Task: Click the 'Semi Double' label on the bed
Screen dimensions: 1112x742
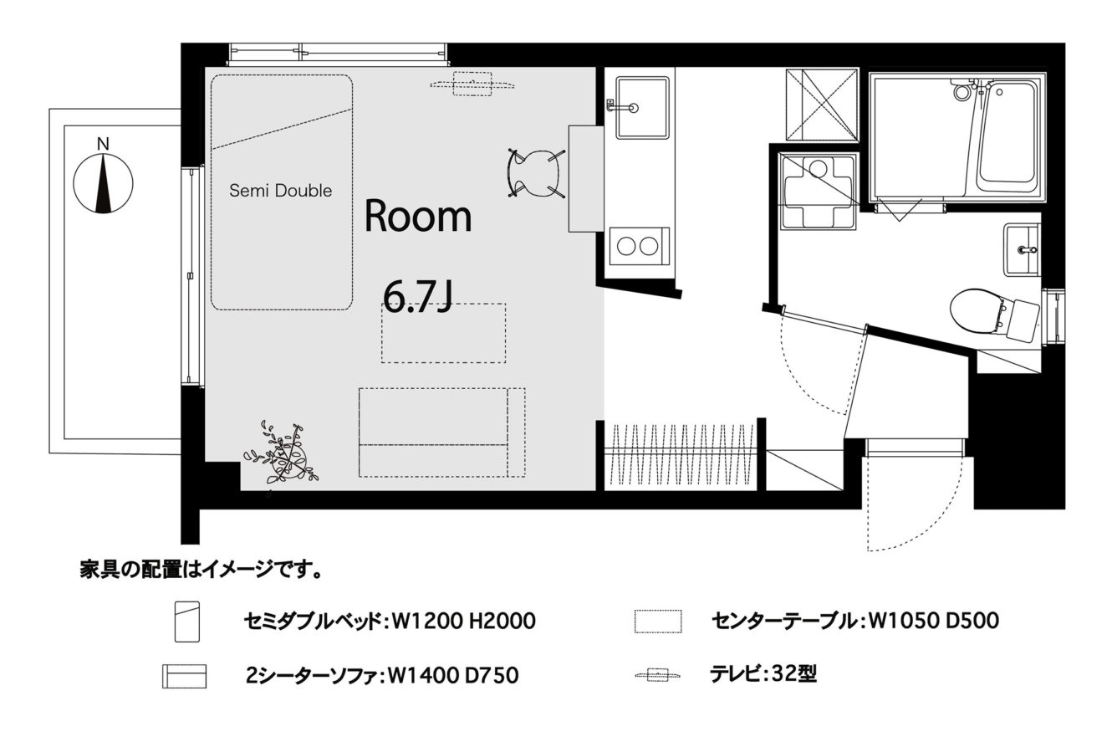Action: (280, 190)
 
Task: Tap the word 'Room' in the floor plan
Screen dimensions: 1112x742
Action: (418, 216)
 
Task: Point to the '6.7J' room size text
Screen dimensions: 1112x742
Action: (418, 297)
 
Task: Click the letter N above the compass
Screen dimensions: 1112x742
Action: (103, 144)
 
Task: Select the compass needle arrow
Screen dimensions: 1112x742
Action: (104, 184)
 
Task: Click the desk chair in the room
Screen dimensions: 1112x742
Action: (535, 174)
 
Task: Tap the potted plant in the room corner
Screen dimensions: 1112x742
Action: (282, 454)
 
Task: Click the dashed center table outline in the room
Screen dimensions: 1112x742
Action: (443, 333)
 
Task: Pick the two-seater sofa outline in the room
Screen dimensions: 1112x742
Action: (441, 432)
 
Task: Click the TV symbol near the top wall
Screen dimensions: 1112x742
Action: (472, 84)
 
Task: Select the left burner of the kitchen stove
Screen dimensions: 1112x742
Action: (626, 246)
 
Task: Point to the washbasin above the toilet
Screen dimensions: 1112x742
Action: (1022, 249)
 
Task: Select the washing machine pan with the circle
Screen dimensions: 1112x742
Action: (818, 192)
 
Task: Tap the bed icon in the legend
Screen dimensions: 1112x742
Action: (187, 622)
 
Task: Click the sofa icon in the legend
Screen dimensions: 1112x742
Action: (184, 676)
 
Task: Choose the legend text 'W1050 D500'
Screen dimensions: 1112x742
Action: (933, 621)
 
